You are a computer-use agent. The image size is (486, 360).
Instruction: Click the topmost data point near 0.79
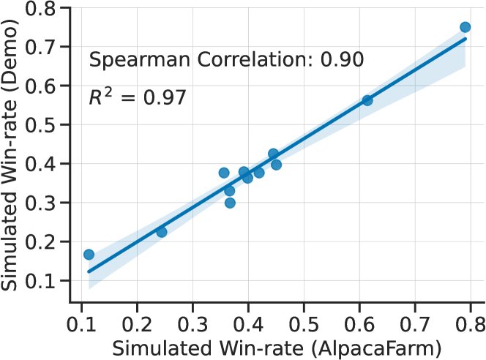point(465,27)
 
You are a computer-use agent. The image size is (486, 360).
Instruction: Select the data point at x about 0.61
point(367,100)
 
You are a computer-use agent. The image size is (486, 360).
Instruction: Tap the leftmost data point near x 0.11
point(89,255)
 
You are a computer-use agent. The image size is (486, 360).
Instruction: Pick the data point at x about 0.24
point(162,232)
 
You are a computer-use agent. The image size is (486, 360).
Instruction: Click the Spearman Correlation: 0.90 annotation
point(226,59)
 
